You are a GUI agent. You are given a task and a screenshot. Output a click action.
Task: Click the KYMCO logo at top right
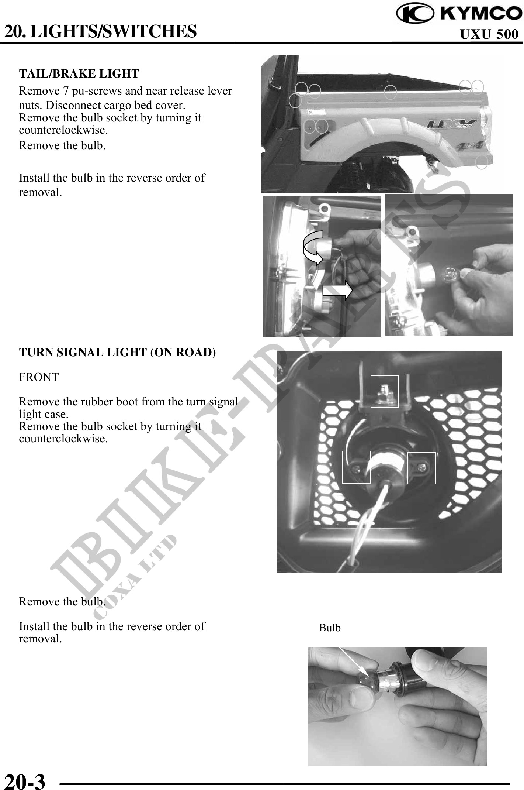(459, 14)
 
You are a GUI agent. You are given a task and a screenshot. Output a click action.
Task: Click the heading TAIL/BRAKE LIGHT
(79, 73)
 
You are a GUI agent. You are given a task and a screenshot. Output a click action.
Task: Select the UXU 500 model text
(489, 34)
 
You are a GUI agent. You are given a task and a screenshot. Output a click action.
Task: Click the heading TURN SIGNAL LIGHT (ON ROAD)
(117, 352)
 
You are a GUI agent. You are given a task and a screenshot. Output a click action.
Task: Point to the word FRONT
(39, 377)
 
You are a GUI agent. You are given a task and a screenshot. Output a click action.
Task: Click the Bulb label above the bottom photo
(330, 628)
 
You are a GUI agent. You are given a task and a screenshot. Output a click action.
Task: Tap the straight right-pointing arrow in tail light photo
(337, 291)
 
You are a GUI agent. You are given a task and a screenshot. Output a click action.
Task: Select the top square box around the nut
(384, 391)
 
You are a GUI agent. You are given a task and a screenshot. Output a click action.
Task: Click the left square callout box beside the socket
(356, 467)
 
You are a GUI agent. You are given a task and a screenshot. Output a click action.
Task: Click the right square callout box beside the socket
(421, 467)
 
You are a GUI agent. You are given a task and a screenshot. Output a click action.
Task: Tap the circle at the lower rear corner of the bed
(482, 162)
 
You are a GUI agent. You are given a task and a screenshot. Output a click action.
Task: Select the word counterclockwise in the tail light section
(63, 130)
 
